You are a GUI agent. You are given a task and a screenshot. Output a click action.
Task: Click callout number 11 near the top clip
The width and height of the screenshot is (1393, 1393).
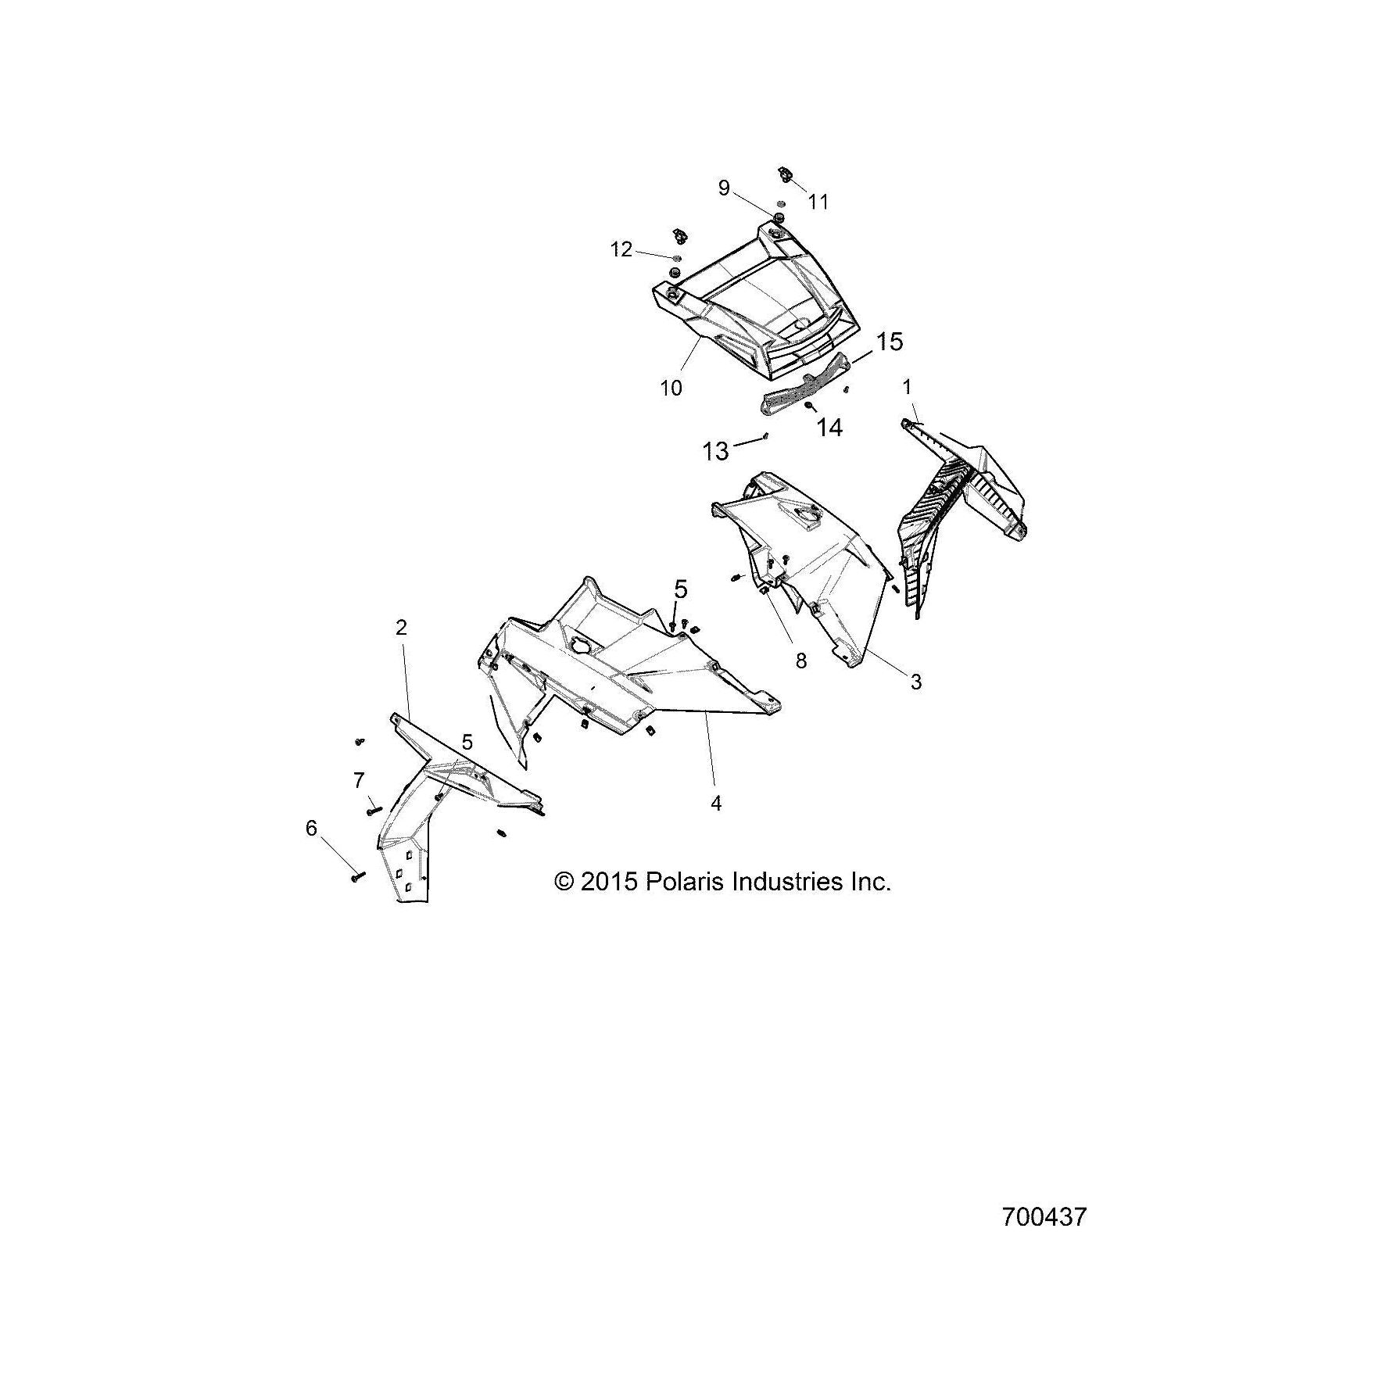[818, 202]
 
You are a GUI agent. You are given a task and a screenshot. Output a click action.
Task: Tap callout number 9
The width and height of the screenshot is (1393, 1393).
[724, 188]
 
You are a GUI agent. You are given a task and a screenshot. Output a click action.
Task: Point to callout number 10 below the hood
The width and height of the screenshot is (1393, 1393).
[671, 388]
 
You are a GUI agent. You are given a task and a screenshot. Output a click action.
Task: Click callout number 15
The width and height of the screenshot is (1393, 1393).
[889, 342]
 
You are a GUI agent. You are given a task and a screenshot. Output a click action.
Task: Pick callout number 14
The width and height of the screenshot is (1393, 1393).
[829, 428]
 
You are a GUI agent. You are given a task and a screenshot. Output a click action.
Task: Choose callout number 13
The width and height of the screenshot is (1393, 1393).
[715, 451]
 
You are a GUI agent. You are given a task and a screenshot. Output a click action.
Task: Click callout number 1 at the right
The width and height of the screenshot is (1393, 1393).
[907, 387]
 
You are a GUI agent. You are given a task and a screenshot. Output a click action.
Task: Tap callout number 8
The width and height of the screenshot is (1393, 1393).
[800, 661]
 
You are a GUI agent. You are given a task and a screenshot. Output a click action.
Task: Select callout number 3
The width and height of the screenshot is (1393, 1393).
[916, 682]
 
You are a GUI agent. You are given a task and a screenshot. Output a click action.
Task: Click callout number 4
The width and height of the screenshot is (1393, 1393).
[716, 802]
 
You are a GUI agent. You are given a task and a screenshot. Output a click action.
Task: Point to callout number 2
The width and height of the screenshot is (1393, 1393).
[401, 628]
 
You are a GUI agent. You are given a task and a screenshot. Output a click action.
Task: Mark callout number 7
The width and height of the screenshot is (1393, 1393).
[359, 780]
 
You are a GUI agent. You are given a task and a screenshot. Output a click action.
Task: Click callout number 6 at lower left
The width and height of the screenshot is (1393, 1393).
[311, 828]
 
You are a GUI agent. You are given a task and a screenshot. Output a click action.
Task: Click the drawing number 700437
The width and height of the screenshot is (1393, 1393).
[1044, 1217]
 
